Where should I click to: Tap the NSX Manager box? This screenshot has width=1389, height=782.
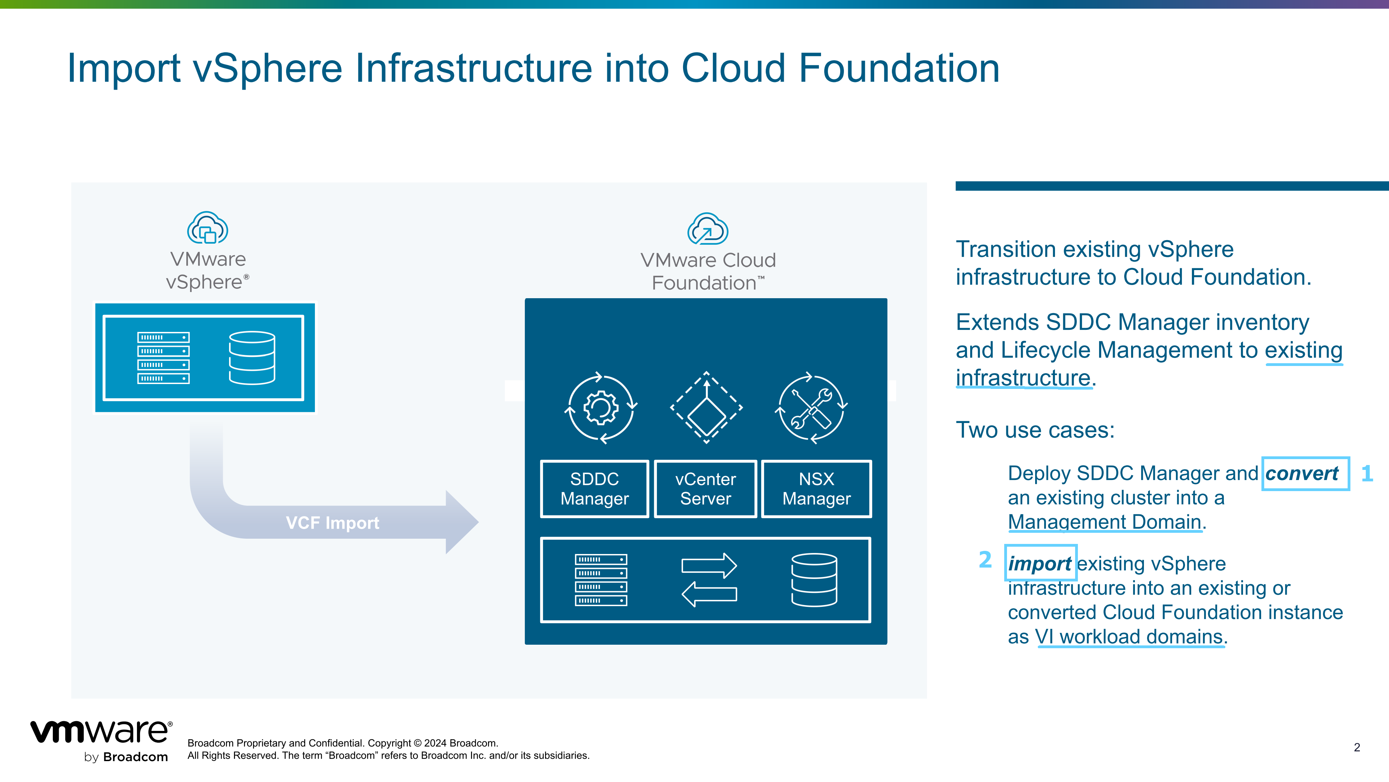tap(817, 489)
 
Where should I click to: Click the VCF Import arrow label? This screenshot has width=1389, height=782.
tap(332, 523)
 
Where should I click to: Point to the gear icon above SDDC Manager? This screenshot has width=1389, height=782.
tap(601, 408)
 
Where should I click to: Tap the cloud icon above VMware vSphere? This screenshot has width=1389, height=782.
tap(208, 228)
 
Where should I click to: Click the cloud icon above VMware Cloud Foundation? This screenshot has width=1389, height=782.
tap(707, 229)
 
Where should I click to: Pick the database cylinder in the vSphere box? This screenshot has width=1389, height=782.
tap(252, 358)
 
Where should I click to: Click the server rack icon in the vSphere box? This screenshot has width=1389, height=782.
tap(163, 358)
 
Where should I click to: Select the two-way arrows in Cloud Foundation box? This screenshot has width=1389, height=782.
tap(709, 580)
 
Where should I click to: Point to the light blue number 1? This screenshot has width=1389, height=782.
tap(1367, 473)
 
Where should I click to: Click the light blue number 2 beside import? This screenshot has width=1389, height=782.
tap(985, 560)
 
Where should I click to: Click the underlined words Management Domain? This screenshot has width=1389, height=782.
tap(1104, 522)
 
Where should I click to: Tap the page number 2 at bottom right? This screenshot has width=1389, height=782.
tap(1357, 748)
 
